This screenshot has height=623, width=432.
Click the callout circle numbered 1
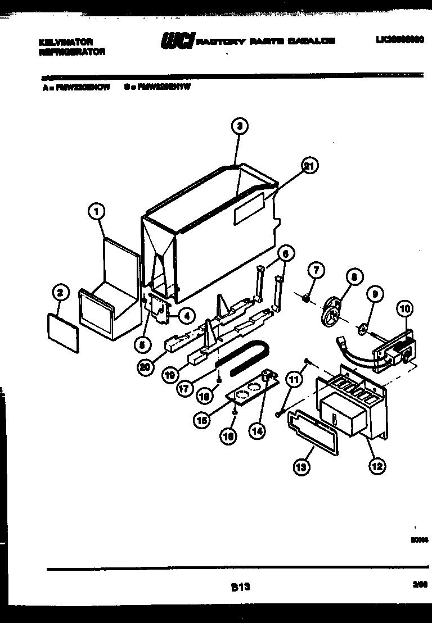point(97,212)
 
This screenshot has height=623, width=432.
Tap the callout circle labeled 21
point(308,165)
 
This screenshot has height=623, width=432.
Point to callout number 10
point(404,308)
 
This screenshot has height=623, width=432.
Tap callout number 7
point(316,271)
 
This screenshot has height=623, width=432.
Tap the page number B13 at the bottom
point(240,587)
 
